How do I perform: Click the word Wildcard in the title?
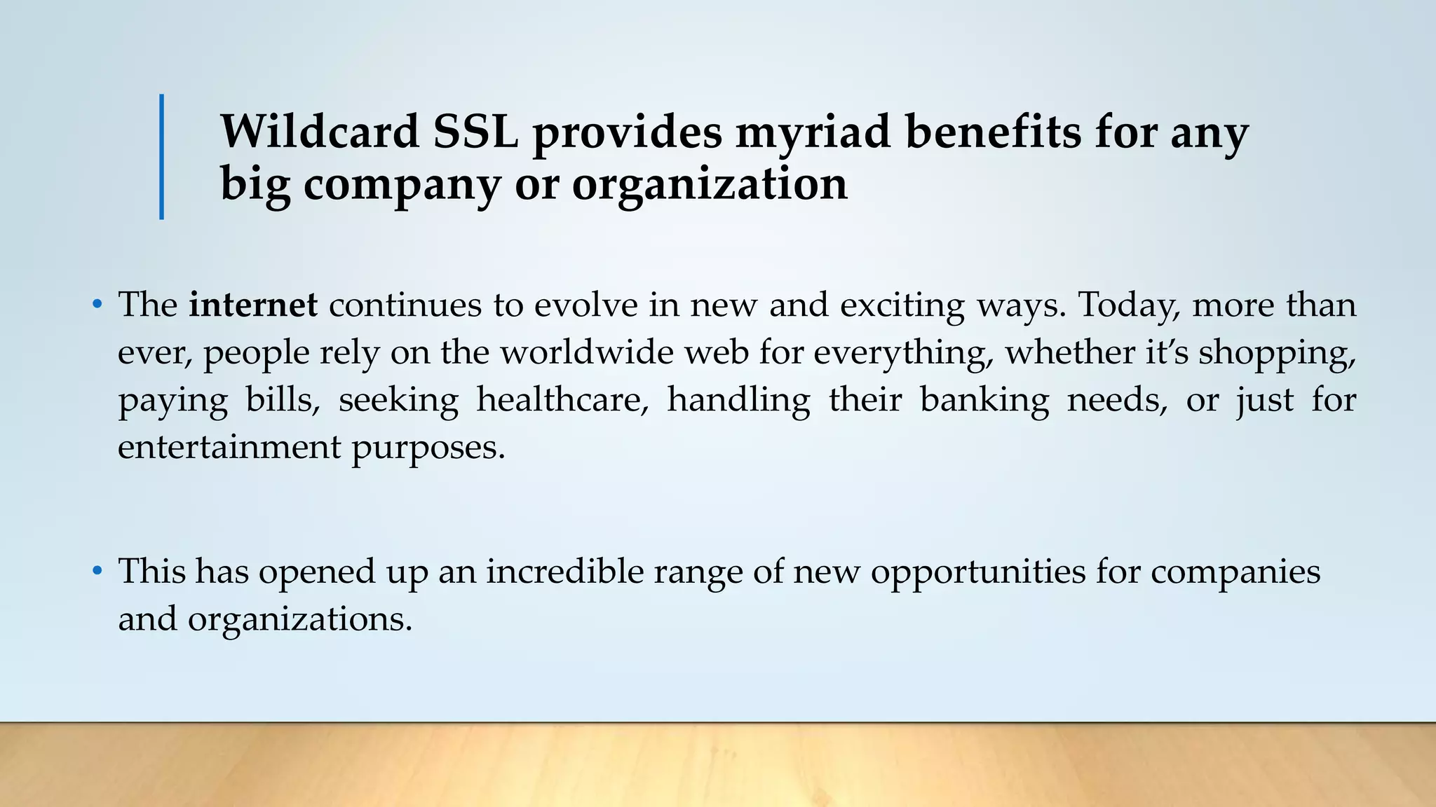pos(320,132)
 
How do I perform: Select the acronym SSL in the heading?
pos(475,132)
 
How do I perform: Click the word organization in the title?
pos(709,185)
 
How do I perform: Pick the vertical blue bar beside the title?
pos(162,157)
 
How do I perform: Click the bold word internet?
pos(253,305)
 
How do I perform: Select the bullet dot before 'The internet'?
pos(97,305)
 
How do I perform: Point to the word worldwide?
pos(586,352)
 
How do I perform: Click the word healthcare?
pos(562,400)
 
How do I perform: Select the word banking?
pos(984,400)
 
